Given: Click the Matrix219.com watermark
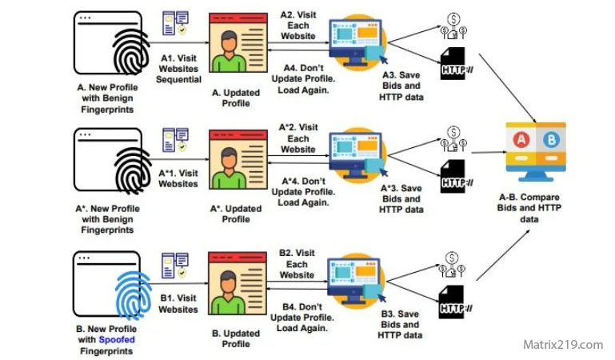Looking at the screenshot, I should pyautogui.click(x=562, y=345).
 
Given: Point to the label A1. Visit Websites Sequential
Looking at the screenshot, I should pyautogui.click(x=179, y=69).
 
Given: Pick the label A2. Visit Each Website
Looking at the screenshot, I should pyautogui.click(x=298, y=26).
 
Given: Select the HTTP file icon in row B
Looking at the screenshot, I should pyautogui.click(x=453, y=307).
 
